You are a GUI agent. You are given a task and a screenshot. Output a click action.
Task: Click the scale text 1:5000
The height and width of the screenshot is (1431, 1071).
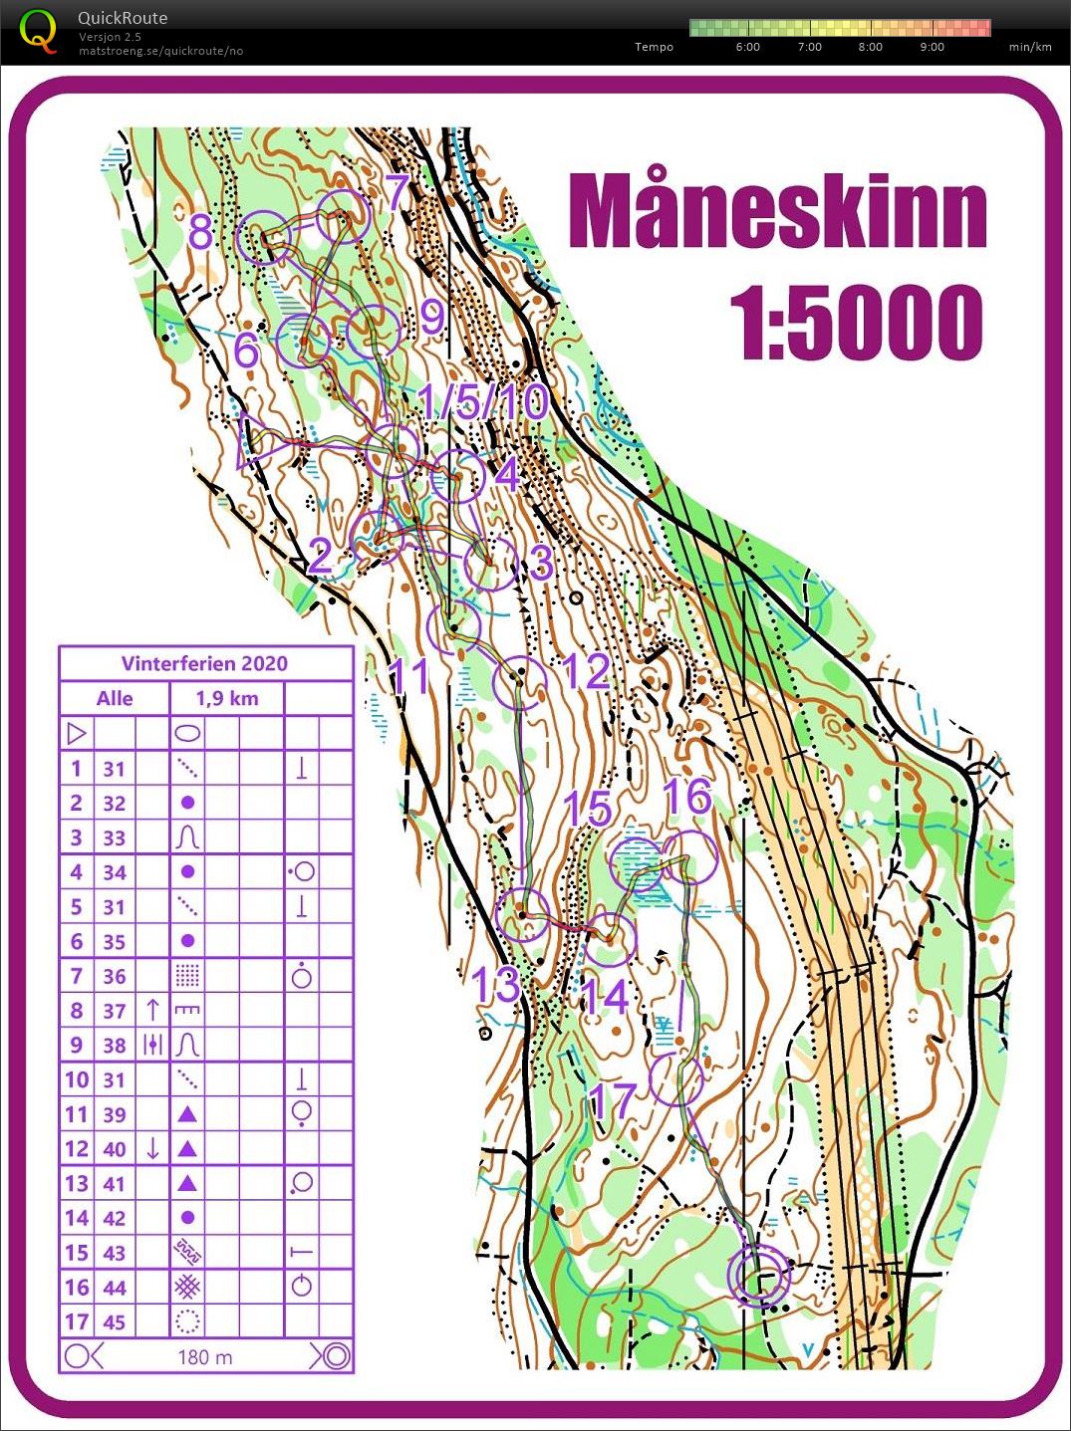point(856,324)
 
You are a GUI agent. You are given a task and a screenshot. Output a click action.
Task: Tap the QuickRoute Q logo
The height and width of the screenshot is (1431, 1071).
point(38,30)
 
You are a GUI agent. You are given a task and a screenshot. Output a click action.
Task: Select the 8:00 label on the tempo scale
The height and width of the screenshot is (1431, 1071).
point(870,47)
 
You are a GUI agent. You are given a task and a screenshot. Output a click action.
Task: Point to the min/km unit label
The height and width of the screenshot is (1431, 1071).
point(1029,47)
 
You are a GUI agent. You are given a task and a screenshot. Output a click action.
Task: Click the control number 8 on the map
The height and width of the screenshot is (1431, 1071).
point(201,234)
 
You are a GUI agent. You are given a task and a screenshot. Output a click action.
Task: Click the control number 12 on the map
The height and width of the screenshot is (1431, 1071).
point(586,671)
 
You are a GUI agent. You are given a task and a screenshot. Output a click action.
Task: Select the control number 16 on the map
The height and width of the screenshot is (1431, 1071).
point(687,797)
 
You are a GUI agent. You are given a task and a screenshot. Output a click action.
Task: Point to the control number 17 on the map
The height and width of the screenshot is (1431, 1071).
point(612,1100)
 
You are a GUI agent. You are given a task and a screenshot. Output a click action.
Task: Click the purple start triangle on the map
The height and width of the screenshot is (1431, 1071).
point(255,439)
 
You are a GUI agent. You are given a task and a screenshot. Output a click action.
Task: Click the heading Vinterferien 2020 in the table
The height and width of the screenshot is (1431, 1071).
point(204,663)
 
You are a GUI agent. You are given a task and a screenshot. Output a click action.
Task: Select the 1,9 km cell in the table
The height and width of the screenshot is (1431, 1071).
point(227,698)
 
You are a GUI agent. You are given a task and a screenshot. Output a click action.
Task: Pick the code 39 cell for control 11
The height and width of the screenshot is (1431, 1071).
point(115,1114)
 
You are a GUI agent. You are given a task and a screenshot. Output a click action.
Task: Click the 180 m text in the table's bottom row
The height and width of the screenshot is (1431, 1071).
point(205,1356)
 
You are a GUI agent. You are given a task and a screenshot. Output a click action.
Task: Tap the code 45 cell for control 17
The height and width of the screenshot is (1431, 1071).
point(115,1321)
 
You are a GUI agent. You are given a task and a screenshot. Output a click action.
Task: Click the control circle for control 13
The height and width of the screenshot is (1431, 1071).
point(522,914)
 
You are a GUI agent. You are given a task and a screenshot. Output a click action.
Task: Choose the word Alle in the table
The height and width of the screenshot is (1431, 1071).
point(115,698)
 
